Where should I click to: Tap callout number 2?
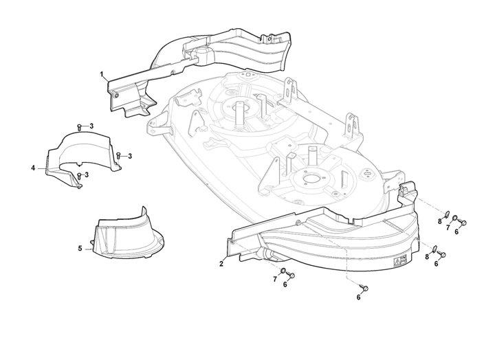click(221, 264)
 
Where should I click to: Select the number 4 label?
click(33, 168)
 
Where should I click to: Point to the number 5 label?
click(80, 249)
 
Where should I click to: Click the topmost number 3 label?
click(91, 126)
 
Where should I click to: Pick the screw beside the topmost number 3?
click(80, 127)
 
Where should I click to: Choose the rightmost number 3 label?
click(130, 156)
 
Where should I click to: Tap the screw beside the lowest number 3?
click(79, 176)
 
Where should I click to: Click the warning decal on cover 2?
click(399, 261)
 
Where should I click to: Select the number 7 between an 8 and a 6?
click(448, 227)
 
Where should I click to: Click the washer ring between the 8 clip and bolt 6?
click(454, 218)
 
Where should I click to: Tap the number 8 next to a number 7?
click(440, 221)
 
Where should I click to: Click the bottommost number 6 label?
click(358, 297)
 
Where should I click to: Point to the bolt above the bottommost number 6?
click(364, 287)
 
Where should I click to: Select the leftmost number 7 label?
click(275, 279)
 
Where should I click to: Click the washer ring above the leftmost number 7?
click(283, 271)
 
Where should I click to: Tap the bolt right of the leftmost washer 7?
click(291, 275)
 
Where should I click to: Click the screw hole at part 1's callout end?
click(117, 95)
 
